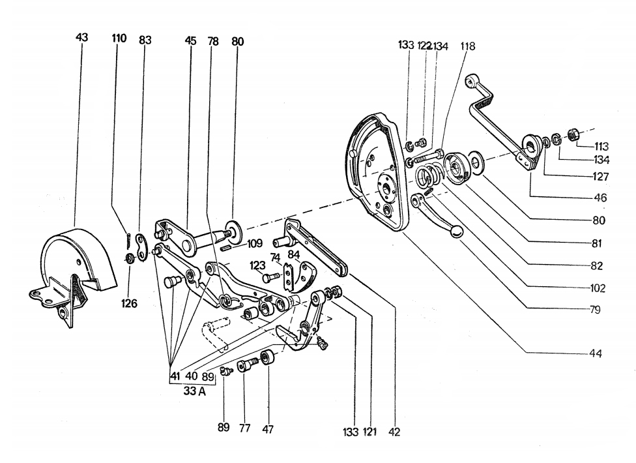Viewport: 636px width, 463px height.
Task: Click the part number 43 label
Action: [x=81, y=37]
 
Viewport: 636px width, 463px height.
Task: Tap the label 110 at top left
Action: [x=119, y=38]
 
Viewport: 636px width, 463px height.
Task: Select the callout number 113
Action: [x=601, y=146]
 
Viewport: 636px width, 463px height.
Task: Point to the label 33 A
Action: [x=194, y=391]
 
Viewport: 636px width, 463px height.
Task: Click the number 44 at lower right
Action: [x=595, y=353]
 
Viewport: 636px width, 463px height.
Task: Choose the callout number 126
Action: [x=129, y=303]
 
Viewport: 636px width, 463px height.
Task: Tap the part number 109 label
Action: [x=255, y=243]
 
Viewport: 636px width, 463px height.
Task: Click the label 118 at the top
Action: [x=467, y=46]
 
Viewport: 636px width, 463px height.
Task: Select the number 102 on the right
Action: [x=598, y=288]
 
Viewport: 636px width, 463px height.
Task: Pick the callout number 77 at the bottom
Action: [x=244, y=428]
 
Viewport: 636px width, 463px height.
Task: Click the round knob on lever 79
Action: [x=457, y=232]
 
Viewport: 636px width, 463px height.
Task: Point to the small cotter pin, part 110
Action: [x=128, y=239]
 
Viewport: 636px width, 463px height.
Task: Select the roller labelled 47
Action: [x=268, y=358]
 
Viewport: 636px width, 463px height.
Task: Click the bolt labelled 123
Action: [x=270, y=278]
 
